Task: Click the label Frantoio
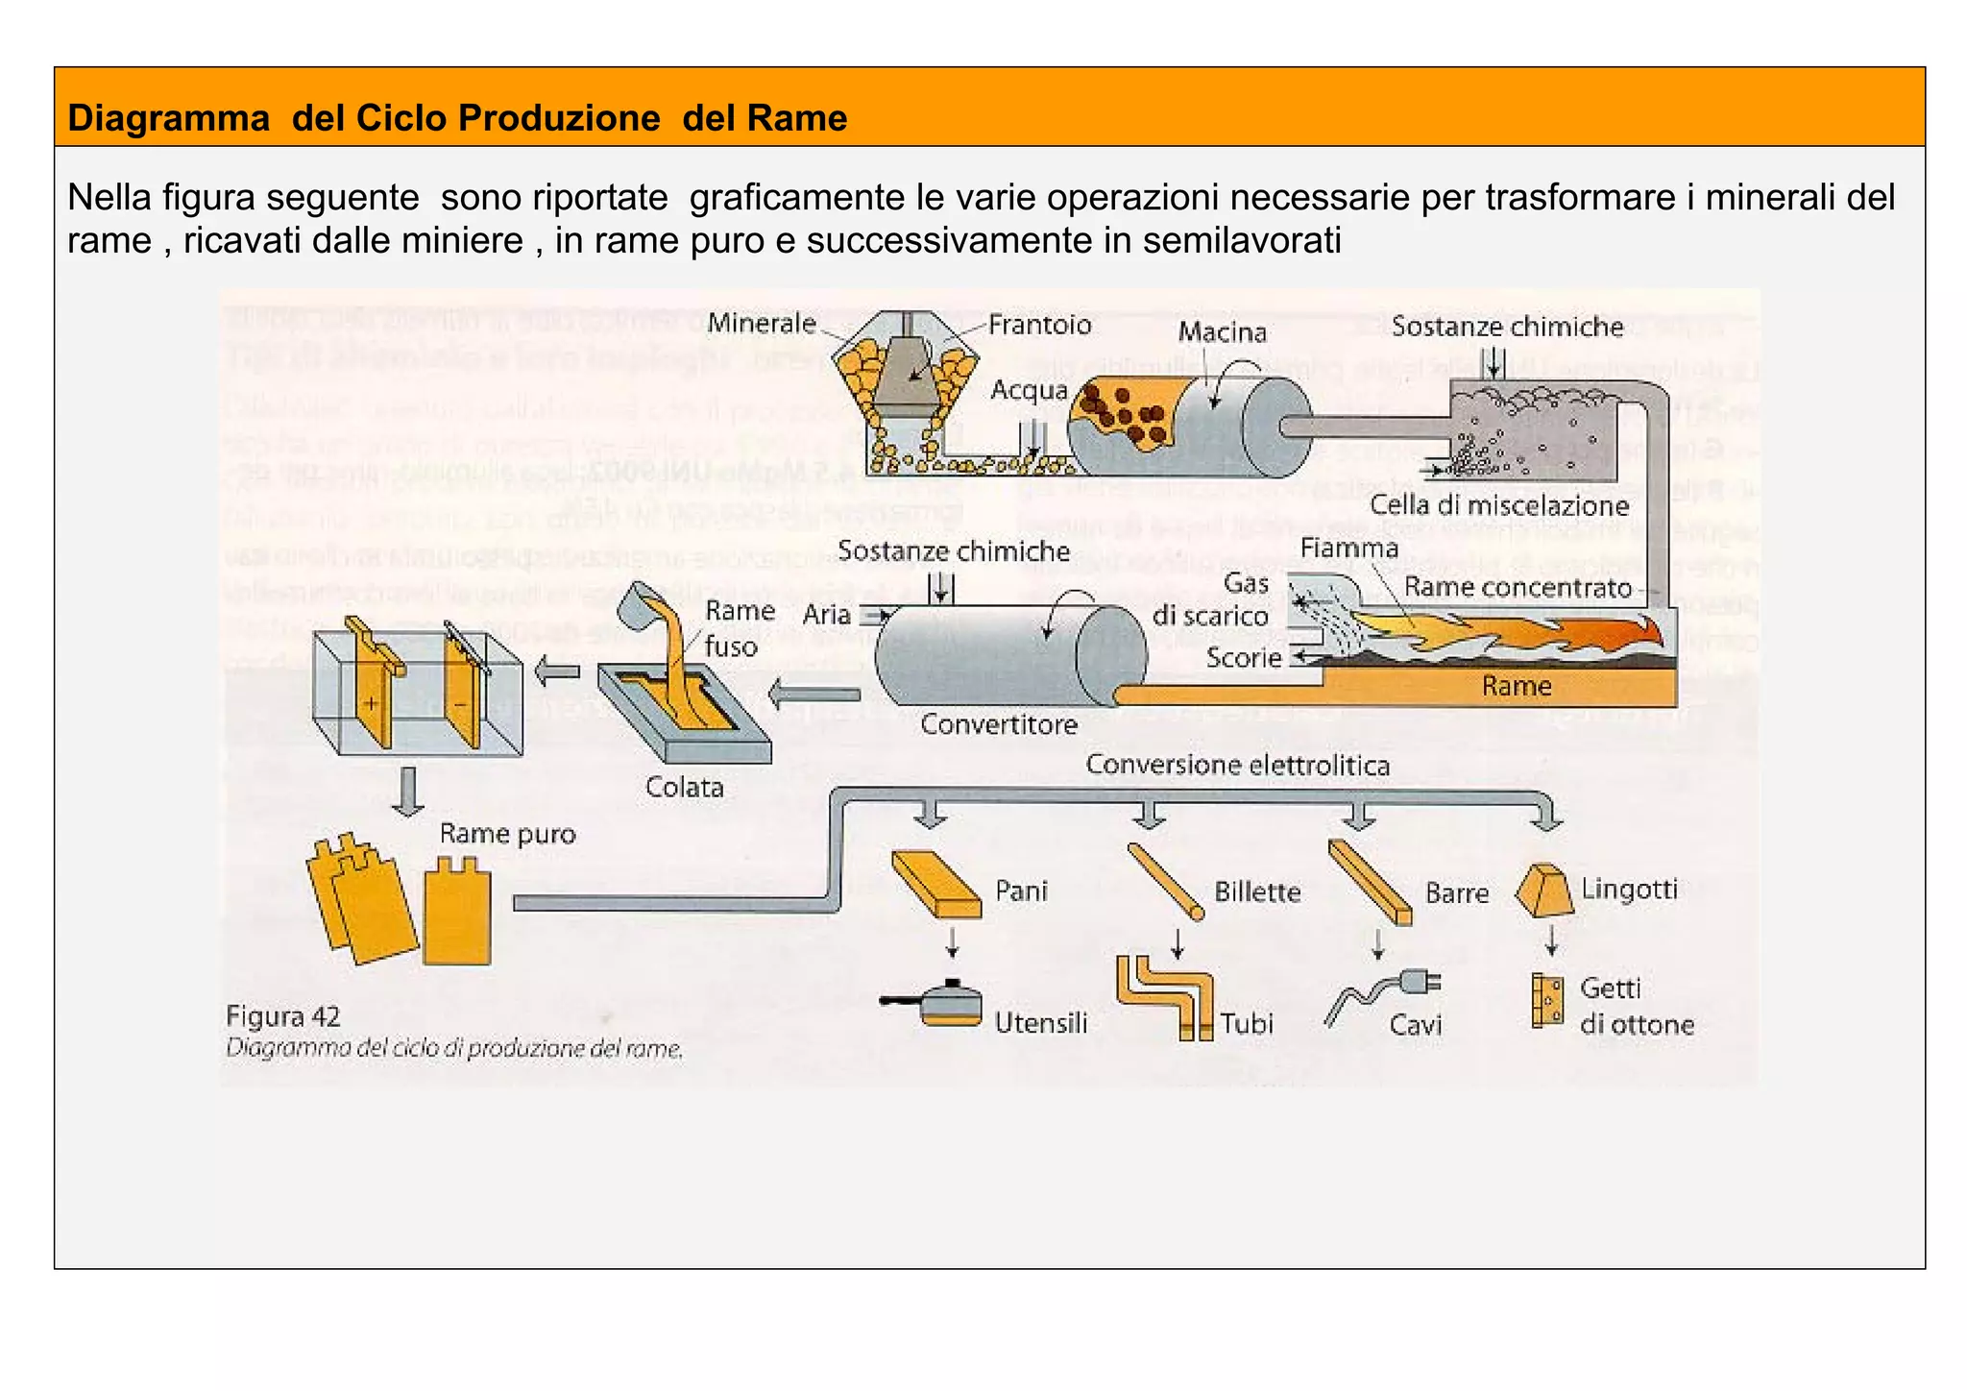(x=1039, y=325)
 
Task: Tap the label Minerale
(x=761, y=324)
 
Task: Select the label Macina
(x=1222, y=332)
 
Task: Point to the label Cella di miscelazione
(x=1498, y=505)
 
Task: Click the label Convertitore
(x=998, y=724)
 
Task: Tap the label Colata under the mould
(x=684, y=787)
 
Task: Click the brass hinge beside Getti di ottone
(x=1546, y=1001)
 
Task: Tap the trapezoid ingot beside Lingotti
(x=1543, y=890)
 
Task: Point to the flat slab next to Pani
(x=935, y=885)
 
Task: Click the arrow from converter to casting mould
(x=814, y=693)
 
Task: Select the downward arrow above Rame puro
(x=408, y=792)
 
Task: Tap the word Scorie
(x=1243, y=658)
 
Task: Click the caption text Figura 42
(x=282, y=1016)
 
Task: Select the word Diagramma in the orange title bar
(x=168, y=118)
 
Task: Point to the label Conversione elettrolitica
(x=1237, y=766)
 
